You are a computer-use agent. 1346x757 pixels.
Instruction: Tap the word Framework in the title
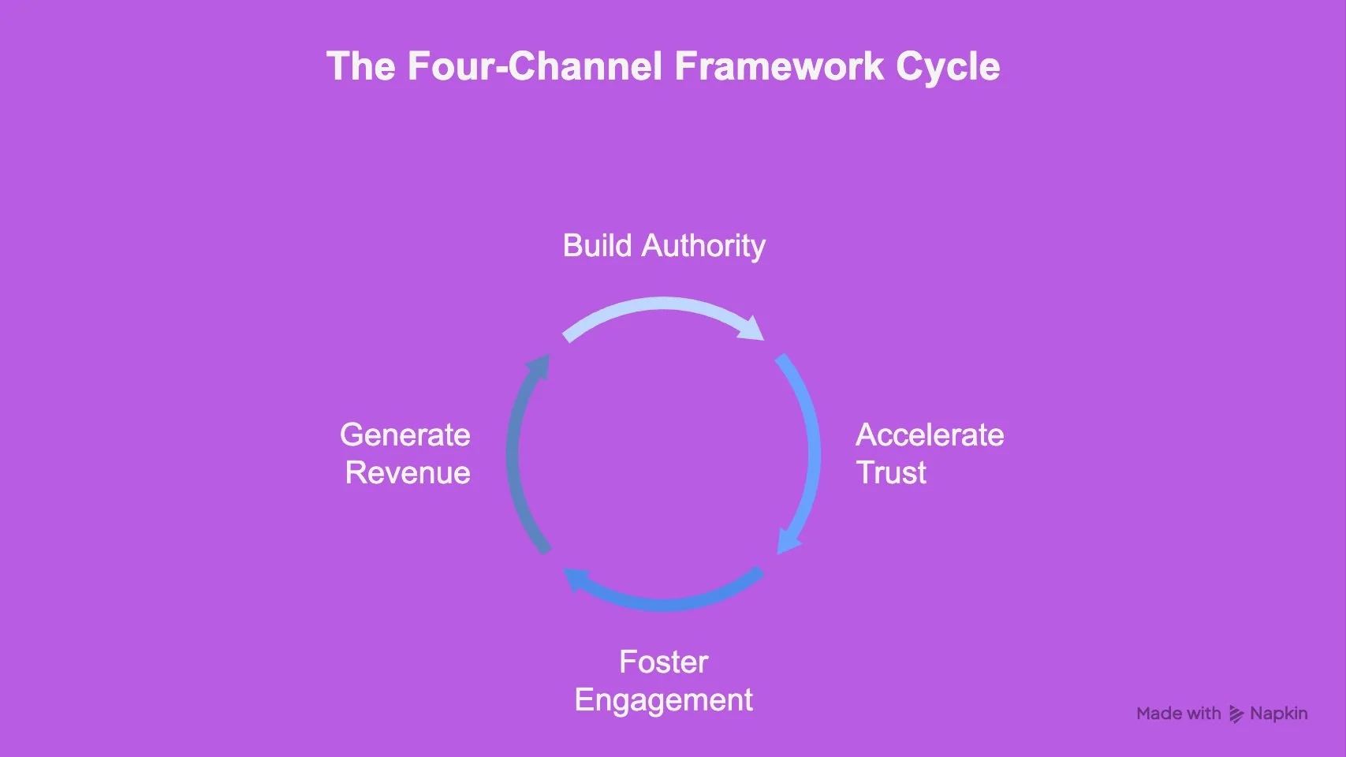[x=779, y=66]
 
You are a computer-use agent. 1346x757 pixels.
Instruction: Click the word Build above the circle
[x=597, y=246]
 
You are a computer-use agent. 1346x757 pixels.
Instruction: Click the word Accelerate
[x=930, y=435]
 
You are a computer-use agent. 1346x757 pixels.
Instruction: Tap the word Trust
[x=891, y=473]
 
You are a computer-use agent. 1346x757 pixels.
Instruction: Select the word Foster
[x=663, y=662]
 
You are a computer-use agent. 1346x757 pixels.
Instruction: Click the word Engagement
[x=663, y=700]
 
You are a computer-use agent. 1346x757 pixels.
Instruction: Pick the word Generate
[x=405, y=435]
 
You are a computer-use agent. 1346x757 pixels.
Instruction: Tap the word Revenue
[x=408, y=473]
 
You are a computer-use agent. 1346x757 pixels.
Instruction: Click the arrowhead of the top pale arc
[x=752, y=329]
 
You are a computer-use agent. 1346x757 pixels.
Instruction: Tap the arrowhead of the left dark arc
[x=539, y=367]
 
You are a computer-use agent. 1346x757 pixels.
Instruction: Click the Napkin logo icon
[x=1236, y=714]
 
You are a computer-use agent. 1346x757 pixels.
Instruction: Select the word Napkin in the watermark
[x=1278, y=714]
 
